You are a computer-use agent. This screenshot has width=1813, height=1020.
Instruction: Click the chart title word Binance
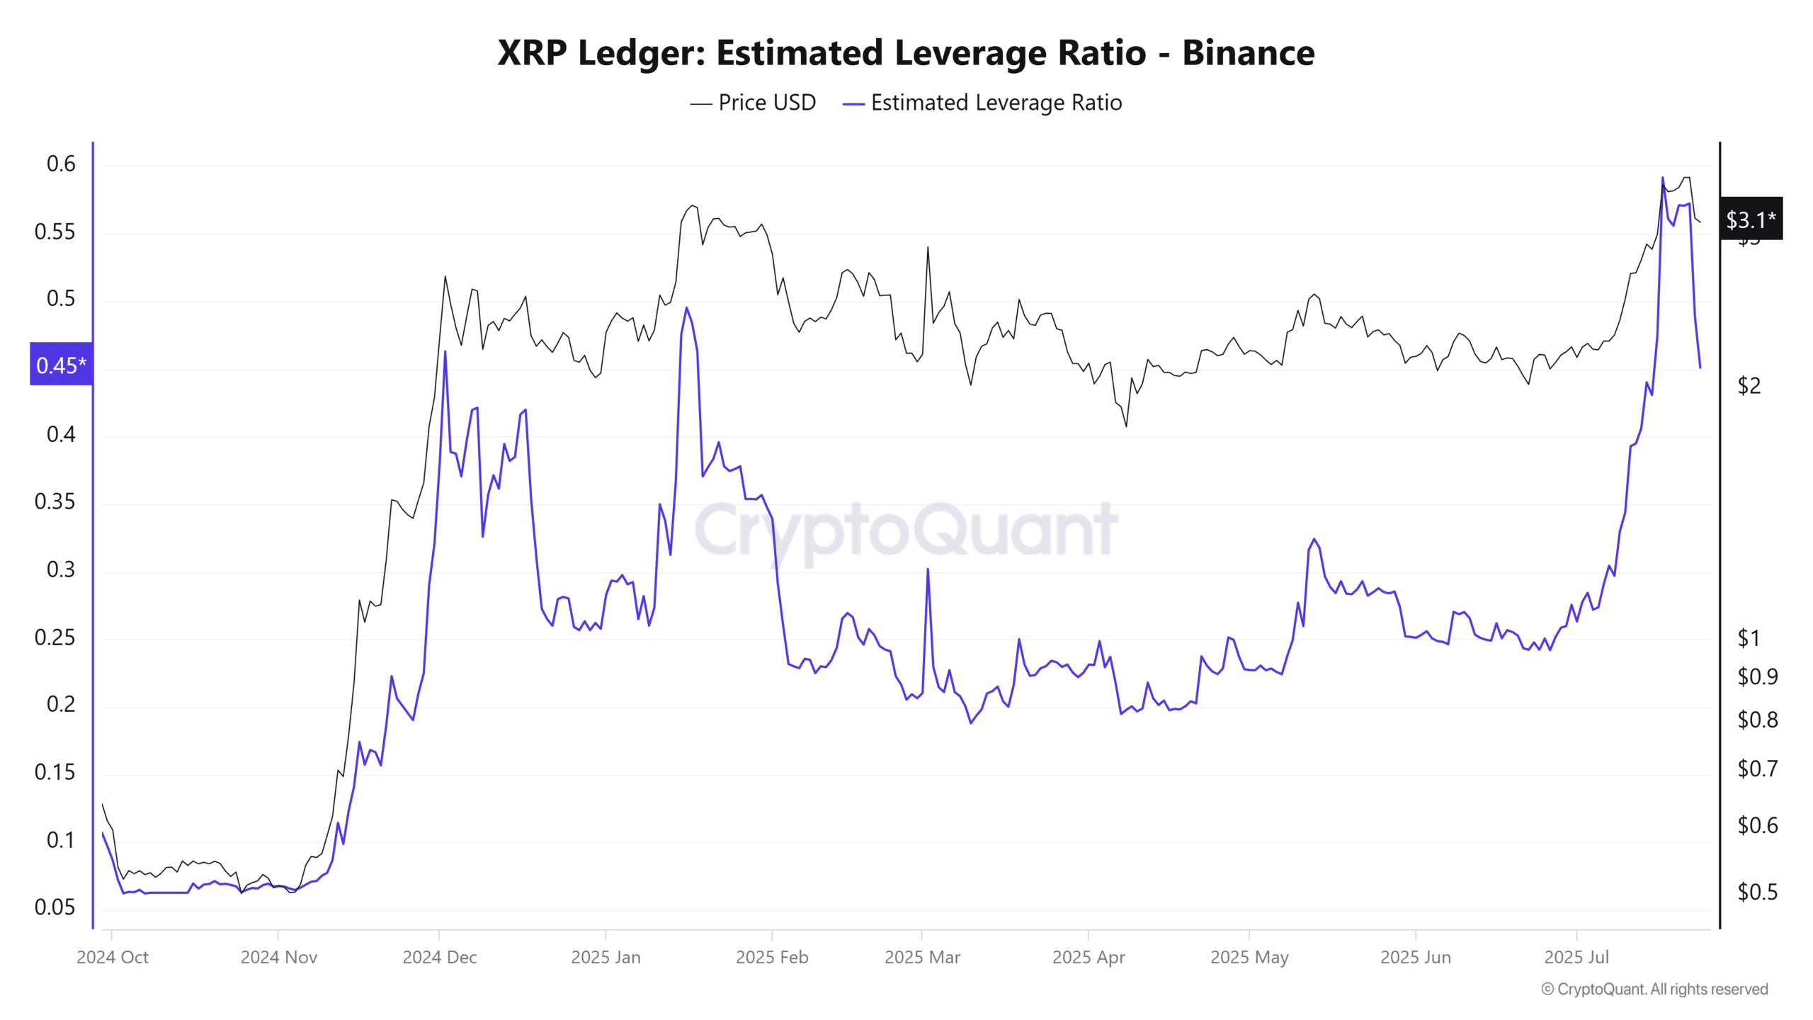pos(1248,53)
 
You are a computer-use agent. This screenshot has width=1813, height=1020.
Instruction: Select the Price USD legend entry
pos(754,103)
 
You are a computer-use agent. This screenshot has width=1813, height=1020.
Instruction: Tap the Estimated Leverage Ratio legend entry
pos(983,103)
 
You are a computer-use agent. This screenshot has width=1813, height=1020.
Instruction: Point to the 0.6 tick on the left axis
pos(61,164)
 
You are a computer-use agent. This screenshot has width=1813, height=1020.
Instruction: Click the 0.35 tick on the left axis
pos(55,502)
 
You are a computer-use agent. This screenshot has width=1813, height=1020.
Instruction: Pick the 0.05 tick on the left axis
pos(55,907)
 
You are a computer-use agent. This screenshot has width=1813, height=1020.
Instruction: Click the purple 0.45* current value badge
pos(61,365)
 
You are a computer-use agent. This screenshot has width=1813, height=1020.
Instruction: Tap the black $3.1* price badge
pos(1751,220)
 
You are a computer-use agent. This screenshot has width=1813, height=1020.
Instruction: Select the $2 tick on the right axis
pos(1749,386)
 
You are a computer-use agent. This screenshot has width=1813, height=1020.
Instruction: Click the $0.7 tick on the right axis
pos(1757,769)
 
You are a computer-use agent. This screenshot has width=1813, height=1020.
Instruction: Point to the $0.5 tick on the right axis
pos(1757,892)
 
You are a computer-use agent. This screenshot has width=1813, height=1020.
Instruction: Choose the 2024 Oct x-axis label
pos(113,958)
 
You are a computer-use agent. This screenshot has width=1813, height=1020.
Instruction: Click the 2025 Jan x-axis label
pos(606,958)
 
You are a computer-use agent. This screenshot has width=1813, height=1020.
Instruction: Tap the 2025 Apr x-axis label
pos(1089,958)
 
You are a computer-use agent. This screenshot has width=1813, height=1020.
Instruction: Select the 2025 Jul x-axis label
pos(1576,958)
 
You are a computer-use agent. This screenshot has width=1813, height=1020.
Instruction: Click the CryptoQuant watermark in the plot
pos(906,530)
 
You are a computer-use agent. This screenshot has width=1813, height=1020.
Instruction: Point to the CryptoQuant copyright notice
pos(1654,990)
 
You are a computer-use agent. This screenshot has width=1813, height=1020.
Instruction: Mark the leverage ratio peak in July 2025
pos(1662,178)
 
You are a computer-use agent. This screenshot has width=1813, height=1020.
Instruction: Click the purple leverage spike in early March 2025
pos(928,569)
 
